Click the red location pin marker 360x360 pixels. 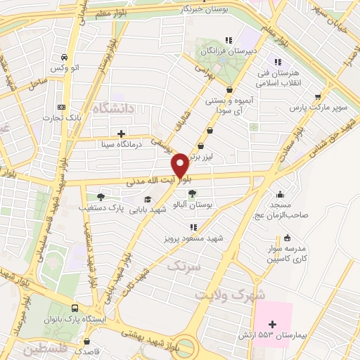pos(180,165)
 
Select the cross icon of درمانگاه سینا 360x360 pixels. pos(122,133)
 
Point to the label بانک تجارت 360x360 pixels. pos(79,117)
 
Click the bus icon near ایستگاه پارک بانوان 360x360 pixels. pos(75,308)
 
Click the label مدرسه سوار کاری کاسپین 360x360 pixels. pos(286,254)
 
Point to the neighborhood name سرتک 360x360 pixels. pos(186,266)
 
